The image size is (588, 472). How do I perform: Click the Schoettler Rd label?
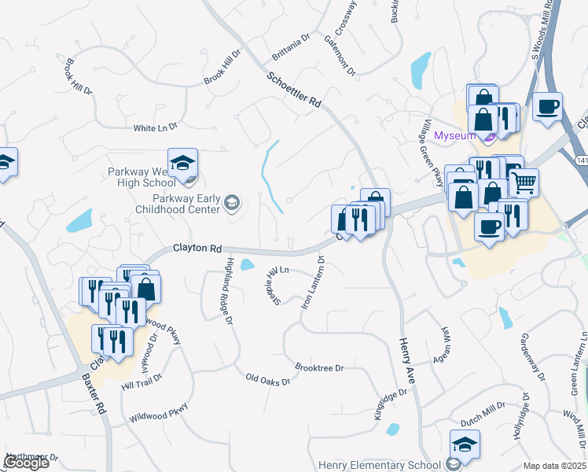295,90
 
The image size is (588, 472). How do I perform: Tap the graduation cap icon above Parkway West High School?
182,163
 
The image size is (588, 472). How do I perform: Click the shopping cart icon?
524,183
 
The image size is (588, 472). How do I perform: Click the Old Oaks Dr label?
268,380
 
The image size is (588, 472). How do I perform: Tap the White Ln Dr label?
156,127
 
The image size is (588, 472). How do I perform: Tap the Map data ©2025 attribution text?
554,466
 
